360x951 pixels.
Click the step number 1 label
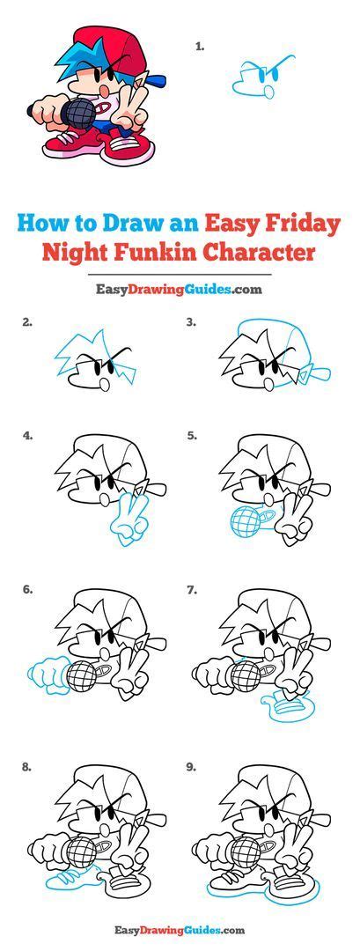click(x=200, y=46)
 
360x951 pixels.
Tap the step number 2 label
click(x=27, y=323)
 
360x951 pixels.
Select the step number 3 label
click(x=191, y=323)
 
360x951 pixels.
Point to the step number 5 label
click(x=191, y=435)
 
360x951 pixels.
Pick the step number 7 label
click(x=191, y=591)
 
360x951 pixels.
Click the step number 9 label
click(x=191, y=768)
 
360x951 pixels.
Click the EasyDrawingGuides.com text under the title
click(x=179, y=288)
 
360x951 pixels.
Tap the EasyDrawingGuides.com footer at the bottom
click(x=179, y=930)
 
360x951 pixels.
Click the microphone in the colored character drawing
click(x=77, y=113)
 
